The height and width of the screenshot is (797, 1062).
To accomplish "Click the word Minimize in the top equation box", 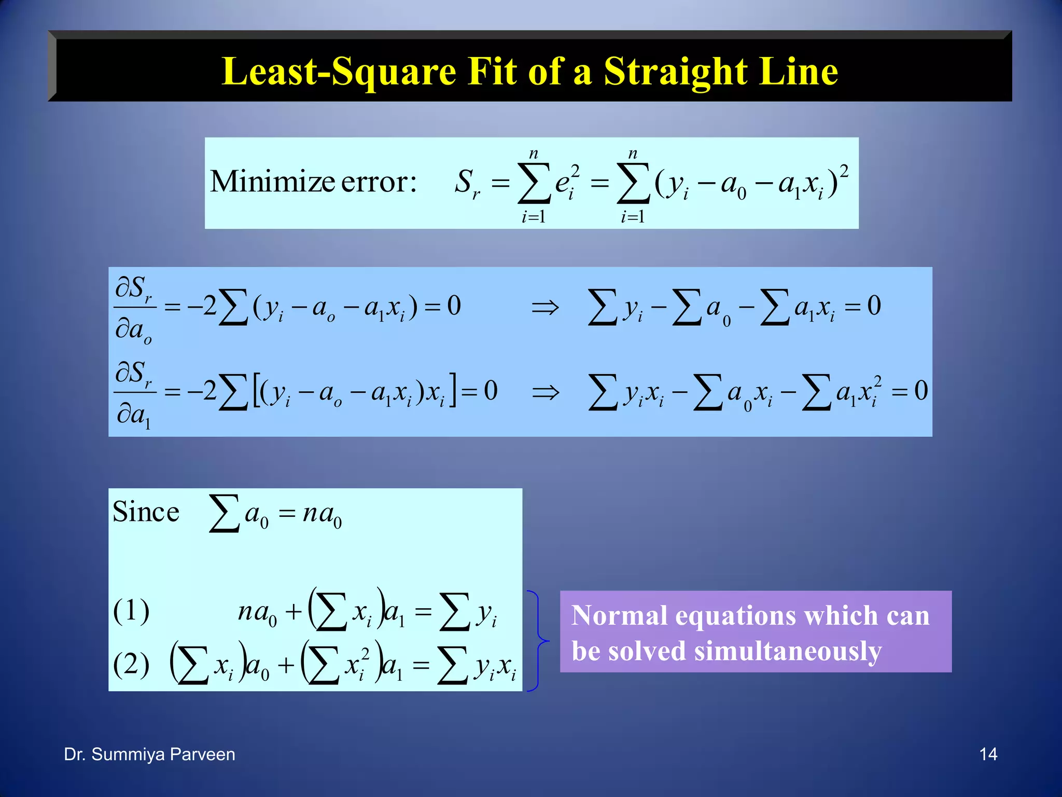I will pyautogui.click(x=272, y=182).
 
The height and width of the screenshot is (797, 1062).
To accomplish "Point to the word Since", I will pyautogui.click(x=146, y=512).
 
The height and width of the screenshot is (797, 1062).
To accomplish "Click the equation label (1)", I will pyautogui.click(x=131, y=611).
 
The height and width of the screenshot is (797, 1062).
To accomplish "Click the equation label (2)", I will pyautogui.click(x=131, y=664).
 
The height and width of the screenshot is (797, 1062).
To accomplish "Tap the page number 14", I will pyautogui.click(x=988, y=754).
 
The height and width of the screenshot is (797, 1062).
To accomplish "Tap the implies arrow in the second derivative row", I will pyautogui.click(x=545, y=392).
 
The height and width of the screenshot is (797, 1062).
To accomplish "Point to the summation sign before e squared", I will pyautogui.click(x=534, y=183).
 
